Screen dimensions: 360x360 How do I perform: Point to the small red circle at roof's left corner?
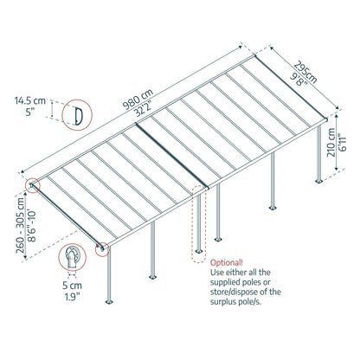34,185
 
